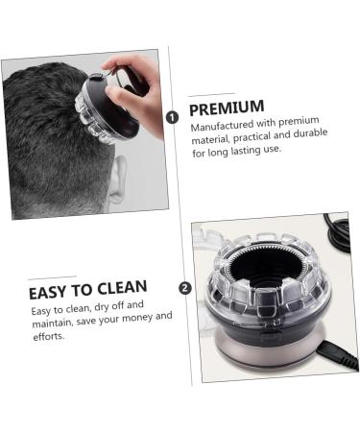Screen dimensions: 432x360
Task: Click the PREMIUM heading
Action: pyautogui.click(x=227, y=108)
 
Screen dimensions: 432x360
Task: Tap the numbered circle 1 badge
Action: pyautogui.click(x=173, y=117)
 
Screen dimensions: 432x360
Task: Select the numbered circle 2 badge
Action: pyautogui.click(x=184, y=287)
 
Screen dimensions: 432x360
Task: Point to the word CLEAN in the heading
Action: pyautogui.click(x=122, y=289)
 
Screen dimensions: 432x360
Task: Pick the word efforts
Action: pyautogui.click(x=48, y=337)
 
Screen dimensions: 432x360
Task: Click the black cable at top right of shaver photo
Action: pyautogui.click(x=338, y=230)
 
